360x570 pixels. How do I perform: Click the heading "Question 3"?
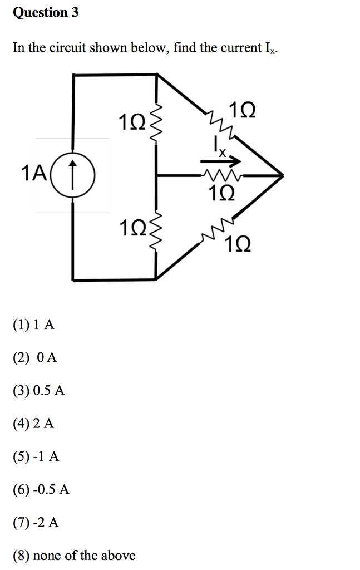point(46,13)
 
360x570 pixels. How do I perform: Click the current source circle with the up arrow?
point(73,174)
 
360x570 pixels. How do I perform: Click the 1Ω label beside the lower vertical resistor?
point(132,229)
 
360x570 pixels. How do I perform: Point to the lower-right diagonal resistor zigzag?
point(219,229)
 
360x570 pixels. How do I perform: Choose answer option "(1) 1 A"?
point(34,325)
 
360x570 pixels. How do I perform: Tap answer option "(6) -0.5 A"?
point(41,489)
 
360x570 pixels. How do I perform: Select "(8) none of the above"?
point(74,555)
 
